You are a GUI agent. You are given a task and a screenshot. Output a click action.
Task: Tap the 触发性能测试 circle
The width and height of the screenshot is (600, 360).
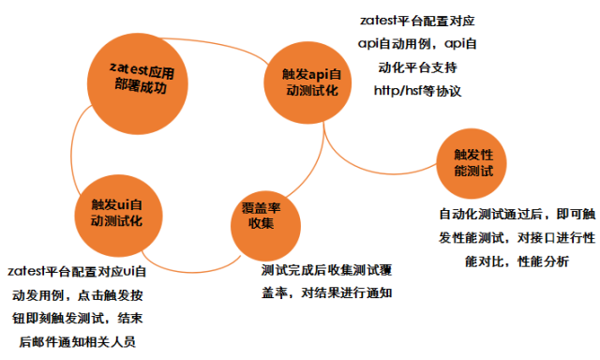coord(472,163)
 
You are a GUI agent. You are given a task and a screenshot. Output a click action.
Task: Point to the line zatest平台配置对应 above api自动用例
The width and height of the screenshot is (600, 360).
coord(418,18)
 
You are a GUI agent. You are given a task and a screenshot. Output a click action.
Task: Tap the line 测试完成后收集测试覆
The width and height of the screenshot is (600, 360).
coord(327,270)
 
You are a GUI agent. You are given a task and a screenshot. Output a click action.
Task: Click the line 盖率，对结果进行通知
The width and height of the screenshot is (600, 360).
coord(327,293)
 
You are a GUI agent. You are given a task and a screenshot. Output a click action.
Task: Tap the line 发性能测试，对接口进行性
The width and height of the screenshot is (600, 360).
coord(517,238)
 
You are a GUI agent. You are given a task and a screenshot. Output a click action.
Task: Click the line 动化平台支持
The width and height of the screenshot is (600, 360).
coord(418,67)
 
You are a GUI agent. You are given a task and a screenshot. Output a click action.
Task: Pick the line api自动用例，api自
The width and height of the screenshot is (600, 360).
coord(418,42)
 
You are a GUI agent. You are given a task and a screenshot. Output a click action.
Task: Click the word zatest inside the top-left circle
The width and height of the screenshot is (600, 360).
coord(127,68)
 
